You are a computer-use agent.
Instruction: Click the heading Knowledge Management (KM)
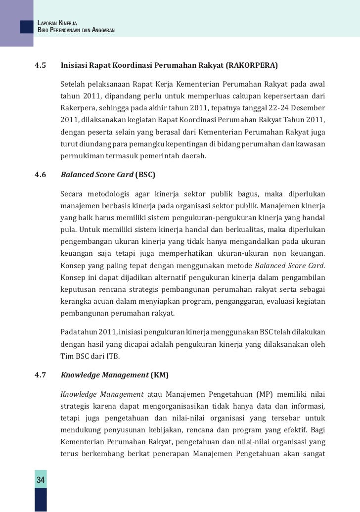coord(114,375)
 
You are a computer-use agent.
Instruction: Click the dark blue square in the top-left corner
coord(26,26)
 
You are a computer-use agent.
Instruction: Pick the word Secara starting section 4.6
coord(72,192)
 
